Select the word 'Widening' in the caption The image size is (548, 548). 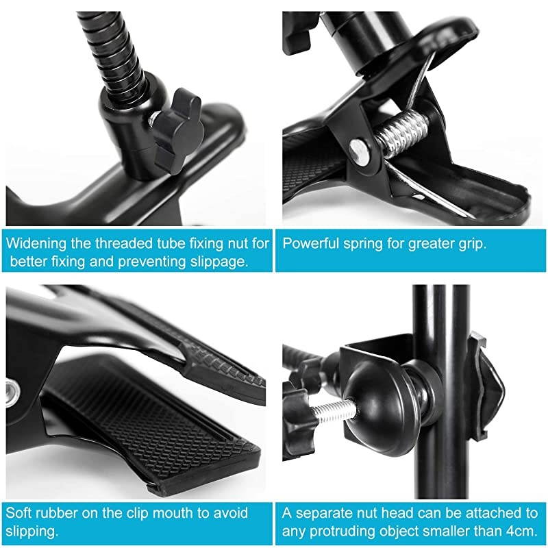[x=38, y=243]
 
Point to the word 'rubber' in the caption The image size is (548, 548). [x=60, y=513]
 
